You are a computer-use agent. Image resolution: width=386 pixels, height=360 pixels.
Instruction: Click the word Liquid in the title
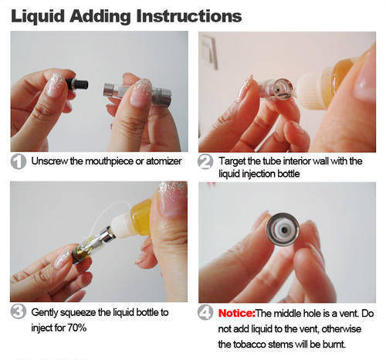tap(38, 17)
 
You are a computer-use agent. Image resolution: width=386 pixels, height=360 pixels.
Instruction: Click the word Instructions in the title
tap(189, 16)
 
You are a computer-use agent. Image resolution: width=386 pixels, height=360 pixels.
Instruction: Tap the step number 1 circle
tap(19, 161)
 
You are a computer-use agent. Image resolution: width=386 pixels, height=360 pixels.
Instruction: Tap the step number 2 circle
tap(205, 161)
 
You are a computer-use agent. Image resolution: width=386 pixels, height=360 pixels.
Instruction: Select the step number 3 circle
tap(19, 311)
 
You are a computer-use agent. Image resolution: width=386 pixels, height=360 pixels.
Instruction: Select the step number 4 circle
tap(205, 312)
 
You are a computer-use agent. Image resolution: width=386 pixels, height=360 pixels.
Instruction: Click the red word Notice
tap(236, 314)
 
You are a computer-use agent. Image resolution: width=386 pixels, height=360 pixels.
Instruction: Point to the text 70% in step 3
tap(76, 328)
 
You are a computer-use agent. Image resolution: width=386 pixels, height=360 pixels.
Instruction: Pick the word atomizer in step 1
tap(164, 161)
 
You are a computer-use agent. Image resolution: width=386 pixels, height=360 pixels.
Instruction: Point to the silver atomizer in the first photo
tap(137, 93)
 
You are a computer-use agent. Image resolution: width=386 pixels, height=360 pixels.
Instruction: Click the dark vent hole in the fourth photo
tap(284, 229)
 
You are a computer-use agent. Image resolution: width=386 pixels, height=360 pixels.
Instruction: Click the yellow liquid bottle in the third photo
tap(141, 218)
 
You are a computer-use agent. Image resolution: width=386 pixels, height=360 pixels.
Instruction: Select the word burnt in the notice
tap(334, 345)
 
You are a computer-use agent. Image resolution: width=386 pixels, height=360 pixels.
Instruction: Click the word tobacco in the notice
tap(249, 345)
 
